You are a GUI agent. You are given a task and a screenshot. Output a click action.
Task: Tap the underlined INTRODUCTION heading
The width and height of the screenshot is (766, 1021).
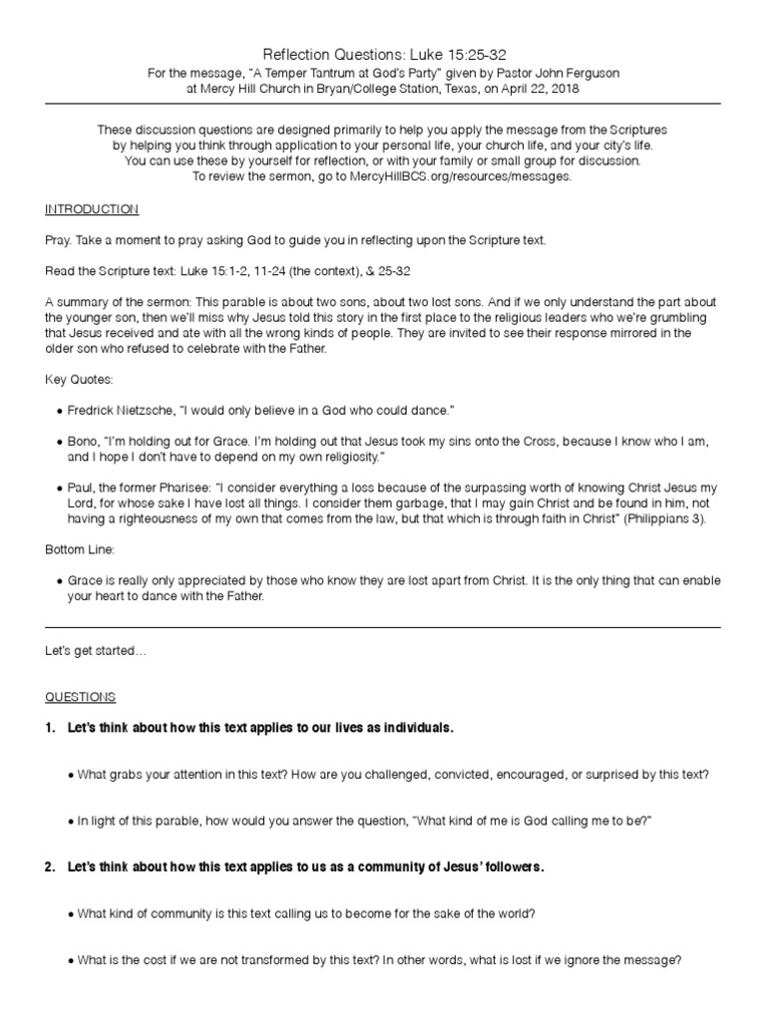coord(92,209)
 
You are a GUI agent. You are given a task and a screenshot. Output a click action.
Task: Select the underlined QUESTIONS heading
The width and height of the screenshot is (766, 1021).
coord(81,696)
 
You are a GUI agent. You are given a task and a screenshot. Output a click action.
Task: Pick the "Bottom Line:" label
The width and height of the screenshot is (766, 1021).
coord(81,549)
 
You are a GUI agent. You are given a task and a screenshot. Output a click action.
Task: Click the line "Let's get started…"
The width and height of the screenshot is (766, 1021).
coord(96,651)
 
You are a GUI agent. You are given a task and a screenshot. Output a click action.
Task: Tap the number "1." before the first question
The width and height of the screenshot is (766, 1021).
coord(51,729)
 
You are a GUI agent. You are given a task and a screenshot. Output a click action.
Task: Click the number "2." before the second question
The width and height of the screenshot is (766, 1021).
coord(51,866)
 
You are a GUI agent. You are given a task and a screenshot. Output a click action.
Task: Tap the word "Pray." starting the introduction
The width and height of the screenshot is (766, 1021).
coord(59,240)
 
